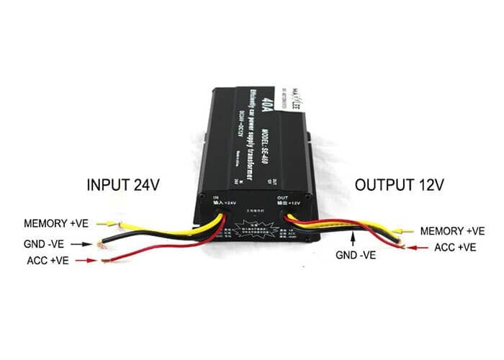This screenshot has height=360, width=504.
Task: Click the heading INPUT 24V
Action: [x=122, y=184]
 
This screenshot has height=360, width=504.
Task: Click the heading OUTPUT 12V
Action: [x=399, y=184]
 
